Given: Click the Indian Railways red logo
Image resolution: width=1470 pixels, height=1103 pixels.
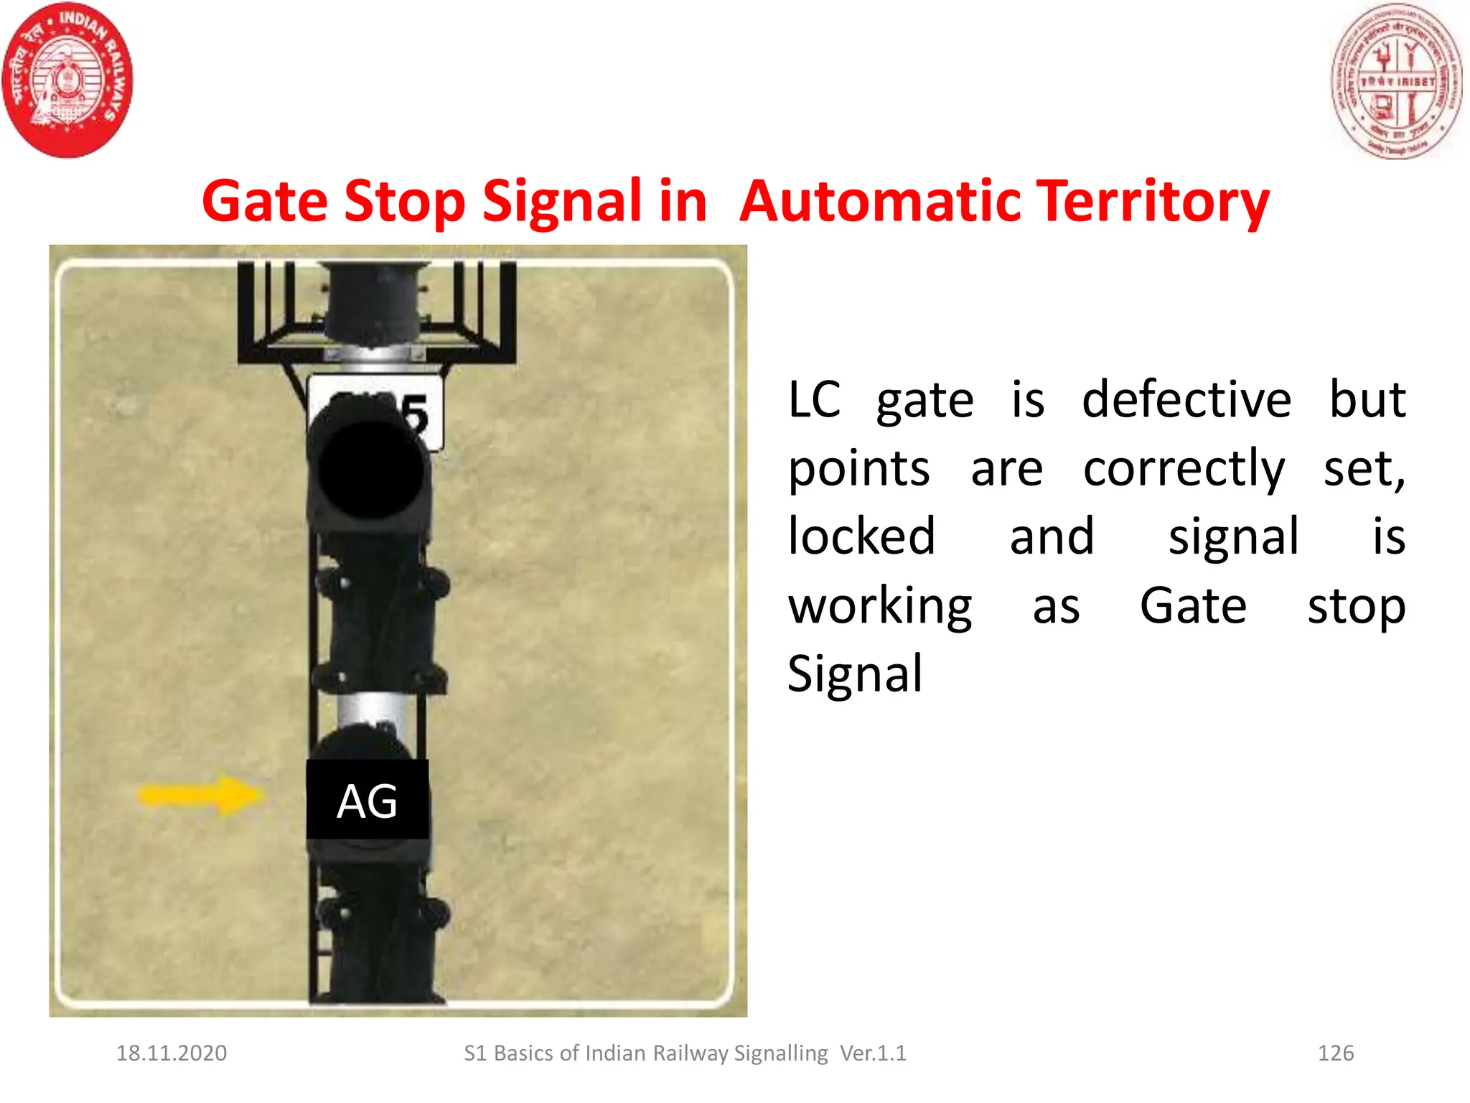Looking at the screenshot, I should click(x=67, y=80).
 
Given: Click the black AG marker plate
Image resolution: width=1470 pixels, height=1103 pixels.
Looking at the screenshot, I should click(x=367, y=800).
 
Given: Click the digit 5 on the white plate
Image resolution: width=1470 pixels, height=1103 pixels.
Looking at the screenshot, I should click(x=415, y=415).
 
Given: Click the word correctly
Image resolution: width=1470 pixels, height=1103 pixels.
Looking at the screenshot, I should click(x=1184, y=470).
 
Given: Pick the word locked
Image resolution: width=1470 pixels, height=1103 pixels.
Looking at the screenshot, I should click(x=861, y=536).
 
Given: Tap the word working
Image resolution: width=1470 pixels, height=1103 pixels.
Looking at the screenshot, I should click(x=880, y=608).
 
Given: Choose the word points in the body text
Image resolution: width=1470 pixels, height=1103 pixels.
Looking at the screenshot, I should click(x=859, y=470).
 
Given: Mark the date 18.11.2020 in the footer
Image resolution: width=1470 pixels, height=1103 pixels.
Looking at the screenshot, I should click(x=172, y=1053).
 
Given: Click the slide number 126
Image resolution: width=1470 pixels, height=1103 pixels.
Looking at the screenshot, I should click(x=1335, y=1053).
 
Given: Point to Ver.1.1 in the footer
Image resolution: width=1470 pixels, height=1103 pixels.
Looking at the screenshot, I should click(x=873, y=1053).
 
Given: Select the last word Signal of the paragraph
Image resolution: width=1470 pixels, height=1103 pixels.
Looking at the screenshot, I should click(x=854, y=674).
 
